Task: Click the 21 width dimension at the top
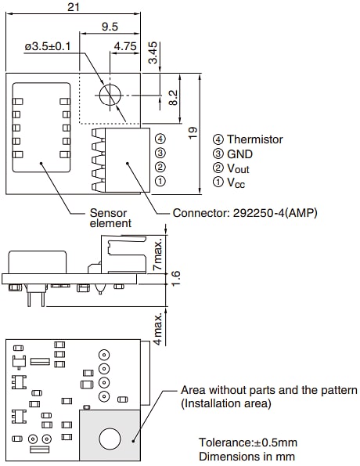click(74, 7)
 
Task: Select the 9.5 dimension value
click(110, 27)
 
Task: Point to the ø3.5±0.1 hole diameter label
click(47, 46)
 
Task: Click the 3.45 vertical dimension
click(153, 52)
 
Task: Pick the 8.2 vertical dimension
click(174, 98)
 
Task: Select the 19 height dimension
click(193, 134)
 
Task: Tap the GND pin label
click(240, 154)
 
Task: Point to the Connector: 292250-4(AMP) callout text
click(245, 213)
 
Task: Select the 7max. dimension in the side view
click(157, 252)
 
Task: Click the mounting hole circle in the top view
click(110, 94)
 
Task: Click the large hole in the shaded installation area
click(110, 439)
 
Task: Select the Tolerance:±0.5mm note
click(247, 442)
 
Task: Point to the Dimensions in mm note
click(247, 456)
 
